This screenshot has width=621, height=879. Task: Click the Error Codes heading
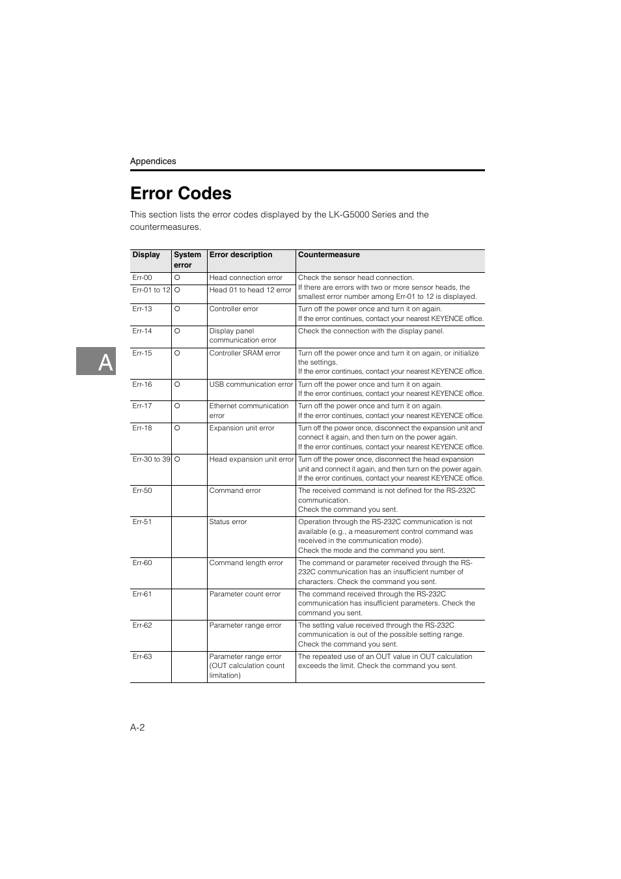tap(180, 193)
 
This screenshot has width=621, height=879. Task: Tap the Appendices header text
tap(153, 161)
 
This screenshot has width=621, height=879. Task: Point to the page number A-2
tap(137, 727)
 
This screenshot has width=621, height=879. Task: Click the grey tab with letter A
tap(96, 361)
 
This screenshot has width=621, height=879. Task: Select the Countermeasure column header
tap(329, 255)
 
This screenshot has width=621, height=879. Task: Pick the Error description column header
tap(240, 255)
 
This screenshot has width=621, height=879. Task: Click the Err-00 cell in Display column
tap(142, 277)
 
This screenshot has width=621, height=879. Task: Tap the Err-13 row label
tap(142, 309)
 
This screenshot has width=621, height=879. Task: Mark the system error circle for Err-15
tap(177, 353)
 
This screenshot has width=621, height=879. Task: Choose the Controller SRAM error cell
tap(245, 353)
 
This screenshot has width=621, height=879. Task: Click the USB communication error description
tap(251, 384)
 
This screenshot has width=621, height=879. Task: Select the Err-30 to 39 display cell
tap(151, 459)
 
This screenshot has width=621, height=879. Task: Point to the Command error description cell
tap(234, 490)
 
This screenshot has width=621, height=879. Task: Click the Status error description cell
tap(228, 522)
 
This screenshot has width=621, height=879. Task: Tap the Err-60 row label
tap(142, 563)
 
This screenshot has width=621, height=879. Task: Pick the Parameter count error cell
tap(245, 594)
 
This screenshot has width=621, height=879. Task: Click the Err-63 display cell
tap(142, 656)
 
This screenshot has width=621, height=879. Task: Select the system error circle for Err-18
tap(177, 428)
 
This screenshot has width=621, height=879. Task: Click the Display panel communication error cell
tap(242, 335)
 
